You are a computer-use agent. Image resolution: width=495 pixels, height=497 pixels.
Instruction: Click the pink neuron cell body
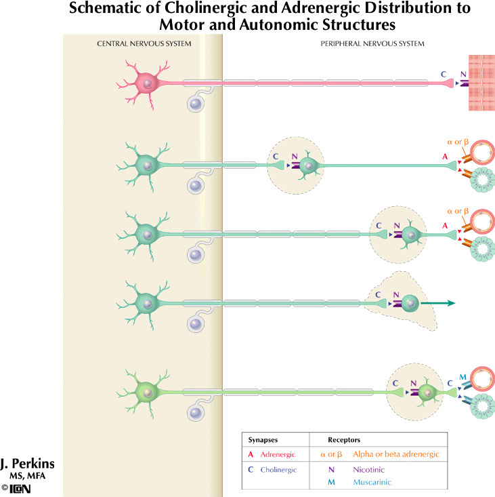[146, 83]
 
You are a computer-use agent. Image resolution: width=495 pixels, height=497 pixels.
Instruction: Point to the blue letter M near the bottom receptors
[462, 377]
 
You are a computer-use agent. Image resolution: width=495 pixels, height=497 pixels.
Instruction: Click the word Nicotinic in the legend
[368, 469]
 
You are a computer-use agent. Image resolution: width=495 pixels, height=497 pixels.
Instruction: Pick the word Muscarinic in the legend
[371, 482]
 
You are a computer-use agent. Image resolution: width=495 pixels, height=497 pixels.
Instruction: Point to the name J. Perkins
[28, 464]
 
